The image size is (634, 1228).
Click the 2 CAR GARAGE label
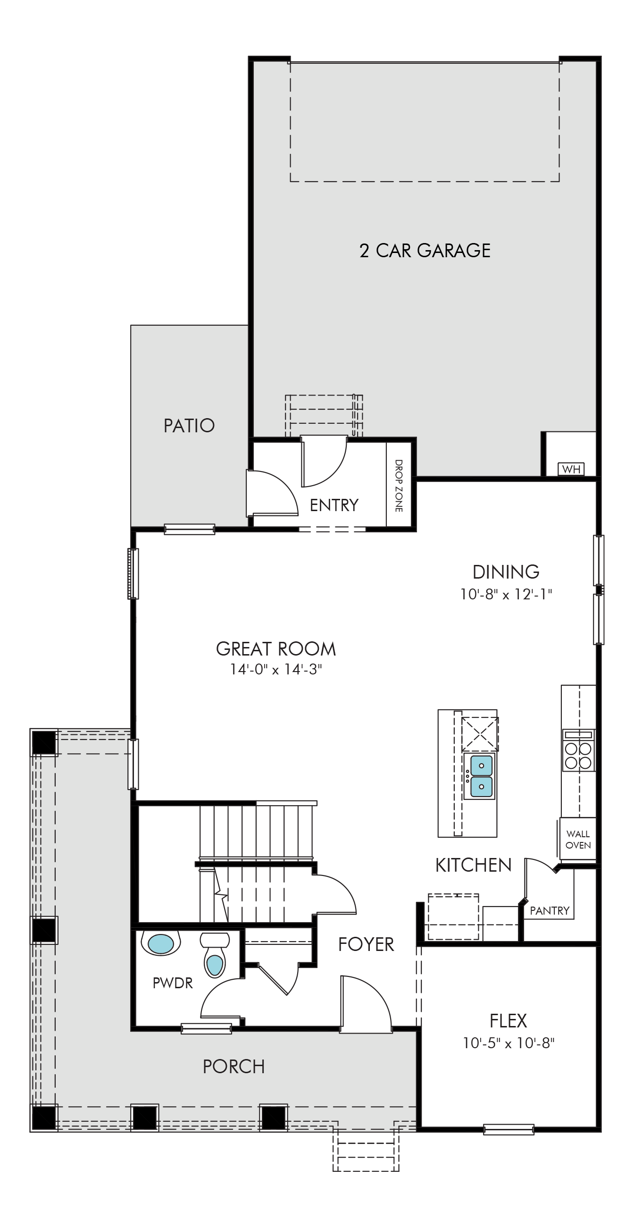[x=425, y=251]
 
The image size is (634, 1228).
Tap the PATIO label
[x=189, y=426]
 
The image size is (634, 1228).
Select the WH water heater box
[x=571, y=469]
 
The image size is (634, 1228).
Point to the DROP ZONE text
[x=399, y=486]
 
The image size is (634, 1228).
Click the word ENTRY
[x=334, y=505]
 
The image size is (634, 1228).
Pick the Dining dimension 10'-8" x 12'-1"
[x=506, y=595]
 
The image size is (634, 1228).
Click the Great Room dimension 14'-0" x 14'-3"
[x=276, y=669]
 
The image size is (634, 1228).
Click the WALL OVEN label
[x=578, y=840]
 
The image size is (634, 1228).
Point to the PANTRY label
[x=550, y=911]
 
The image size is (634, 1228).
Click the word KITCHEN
[x=474, y=865]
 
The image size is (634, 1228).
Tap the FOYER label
[x=367, y=944]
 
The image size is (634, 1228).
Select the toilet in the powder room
[x=215, y=955]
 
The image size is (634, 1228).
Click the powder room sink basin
[x=160, y=944]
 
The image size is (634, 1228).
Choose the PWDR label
[x=173, y=983]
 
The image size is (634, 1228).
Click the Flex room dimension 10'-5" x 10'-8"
[x=509, y=1043]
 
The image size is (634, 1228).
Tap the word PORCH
[x=234, y=1067]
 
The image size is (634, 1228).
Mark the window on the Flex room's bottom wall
[x=509, y=1129]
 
